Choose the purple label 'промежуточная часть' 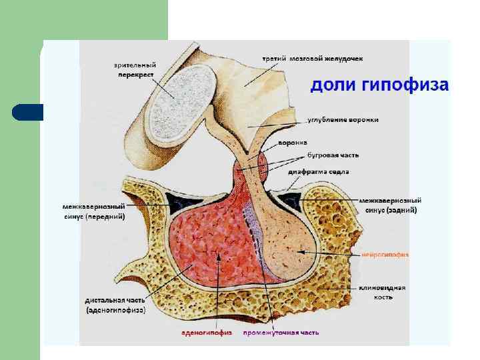[x=281, y=333]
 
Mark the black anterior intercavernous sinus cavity [x=179, y=199]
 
